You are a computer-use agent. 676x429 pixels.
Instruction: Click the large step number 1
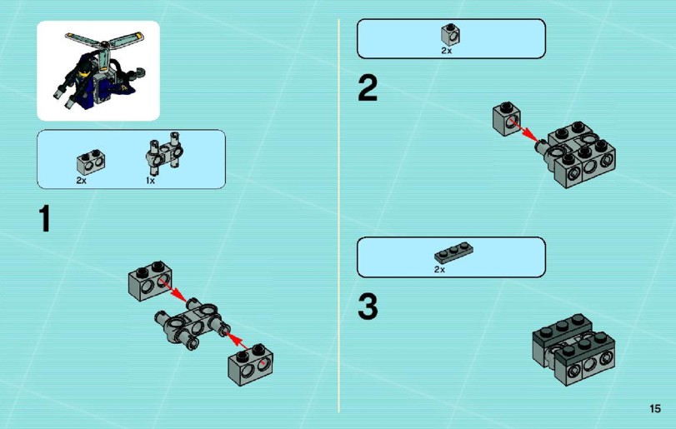pos(45,218)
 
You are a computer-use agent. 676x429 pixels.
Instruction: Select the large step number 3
pos(368,307)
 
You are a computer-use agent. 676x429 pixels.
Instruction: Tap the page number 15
pos(655,408)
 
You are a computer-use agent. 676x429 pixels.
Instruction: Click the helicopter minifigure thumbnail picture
pos(98,71)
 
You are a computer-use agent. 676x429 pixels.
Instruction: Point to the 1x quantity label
pos(150,181)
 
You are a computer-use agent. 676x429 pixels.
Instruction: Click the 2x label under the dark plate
pos(439,270)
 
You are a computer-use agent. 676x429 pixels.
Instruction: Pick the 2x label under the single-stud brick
pos(446,51)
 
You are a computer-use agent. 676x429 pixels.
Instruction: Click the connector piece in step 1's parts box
pos(164,152)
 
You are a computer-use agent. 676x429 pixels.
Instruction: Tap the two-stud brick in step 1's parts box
pos(91,162)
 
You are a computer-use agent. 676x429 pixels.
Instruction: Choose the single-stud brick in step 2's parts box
pos(450,34)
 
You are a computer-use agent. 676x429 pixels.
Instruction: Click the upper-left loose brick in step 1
pos(150,280)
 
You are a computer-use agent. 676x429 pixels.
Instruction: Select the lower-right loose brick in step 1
pos(251,364)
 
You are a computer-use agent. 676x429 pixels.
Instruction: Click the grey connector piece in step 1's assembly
pos(193,324)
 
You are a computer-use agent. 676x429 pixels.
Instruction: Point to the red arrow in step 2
pos(523,129)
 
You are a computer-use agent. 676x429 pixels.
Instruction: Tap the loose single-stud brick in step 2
pos(507,118)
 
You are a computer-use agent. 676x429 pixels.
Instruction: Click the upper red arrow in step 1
pos(173,290)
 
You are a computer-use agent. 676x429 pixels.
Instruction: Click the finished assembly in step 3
pos(573,349)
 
